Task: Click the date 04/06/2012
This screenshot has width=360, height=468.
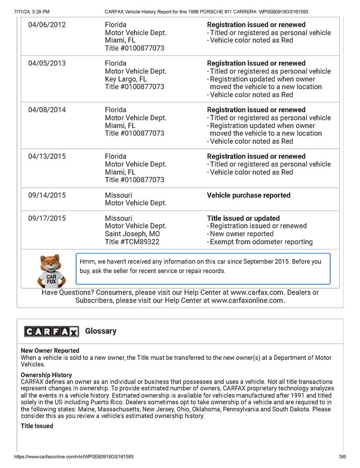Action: pos(47,25)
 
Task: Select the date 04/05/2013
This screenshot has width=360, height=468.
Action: pos(47,63)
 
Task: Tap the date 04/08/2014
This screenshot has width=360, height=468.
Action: pos(47,110)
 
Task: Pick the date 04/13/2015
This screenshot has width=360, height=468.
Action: pos(47,156)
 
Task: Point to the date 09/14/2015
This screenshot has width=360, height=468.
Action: pos(47,195)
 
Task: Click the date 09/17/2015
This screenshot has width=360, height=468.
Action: pos(47,218)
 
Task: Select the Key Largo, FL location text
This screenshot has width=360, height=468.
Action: pos(126,79)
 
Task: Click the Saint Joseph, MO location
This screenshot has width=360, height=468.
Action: pos(132,234)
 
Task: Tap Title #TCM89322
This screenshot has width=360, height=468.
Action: pos(132,242)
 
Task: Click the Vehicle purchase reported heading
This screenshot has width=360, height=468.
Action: pos(248,195)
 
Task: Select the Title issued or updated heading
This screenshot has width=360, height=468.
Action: pos(243,218)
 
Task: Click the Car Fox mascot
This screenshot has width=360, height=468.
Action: pos(51,271)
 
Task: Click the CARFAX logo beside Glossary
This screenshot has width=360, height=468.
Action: pos(52,332)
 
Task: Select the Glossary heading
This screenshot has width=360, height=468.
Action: pos(101,331)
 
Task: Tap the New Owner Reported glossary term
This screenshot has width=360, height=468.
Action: pos(50,350)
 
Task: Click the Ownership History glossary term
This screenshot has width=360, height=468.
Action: pos(46,375)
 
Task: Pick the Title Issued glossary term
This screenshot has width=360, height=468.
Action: pos(37,426)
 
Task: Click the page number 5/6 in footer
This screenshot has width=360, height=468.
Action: pos(342,456)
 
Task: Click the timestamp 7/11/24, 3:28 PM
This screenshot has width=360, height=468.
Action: pos(32,11)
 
